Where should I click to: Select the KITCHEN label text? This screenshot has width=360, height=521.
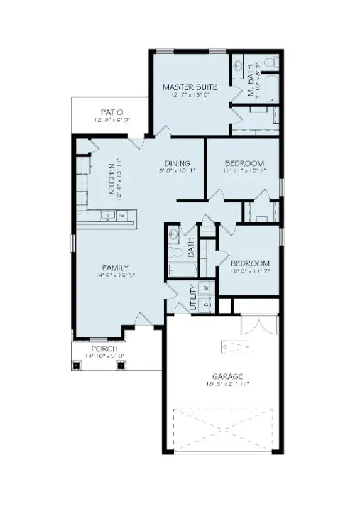click(x=112, y=179)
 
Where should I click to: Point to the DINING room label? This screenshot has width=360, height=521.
click(x=177, y=162)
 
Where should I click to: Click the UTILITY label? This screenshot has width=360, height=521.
click(x=194, y=297)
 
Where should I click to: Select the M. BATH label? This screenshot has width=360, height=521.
click(x=250, y=81)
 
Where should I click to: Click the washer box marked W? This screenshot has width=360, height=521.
click(x=206, y=288)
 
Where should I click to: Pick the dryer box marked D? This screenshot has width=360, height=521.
click(x=206, y=305)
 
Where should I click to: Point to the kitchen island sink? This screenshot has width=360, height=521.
click(x=109, y=216)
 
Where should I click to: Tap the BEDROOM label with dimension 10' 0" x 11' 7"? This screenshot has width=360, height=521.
click(x=250, y=263)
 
